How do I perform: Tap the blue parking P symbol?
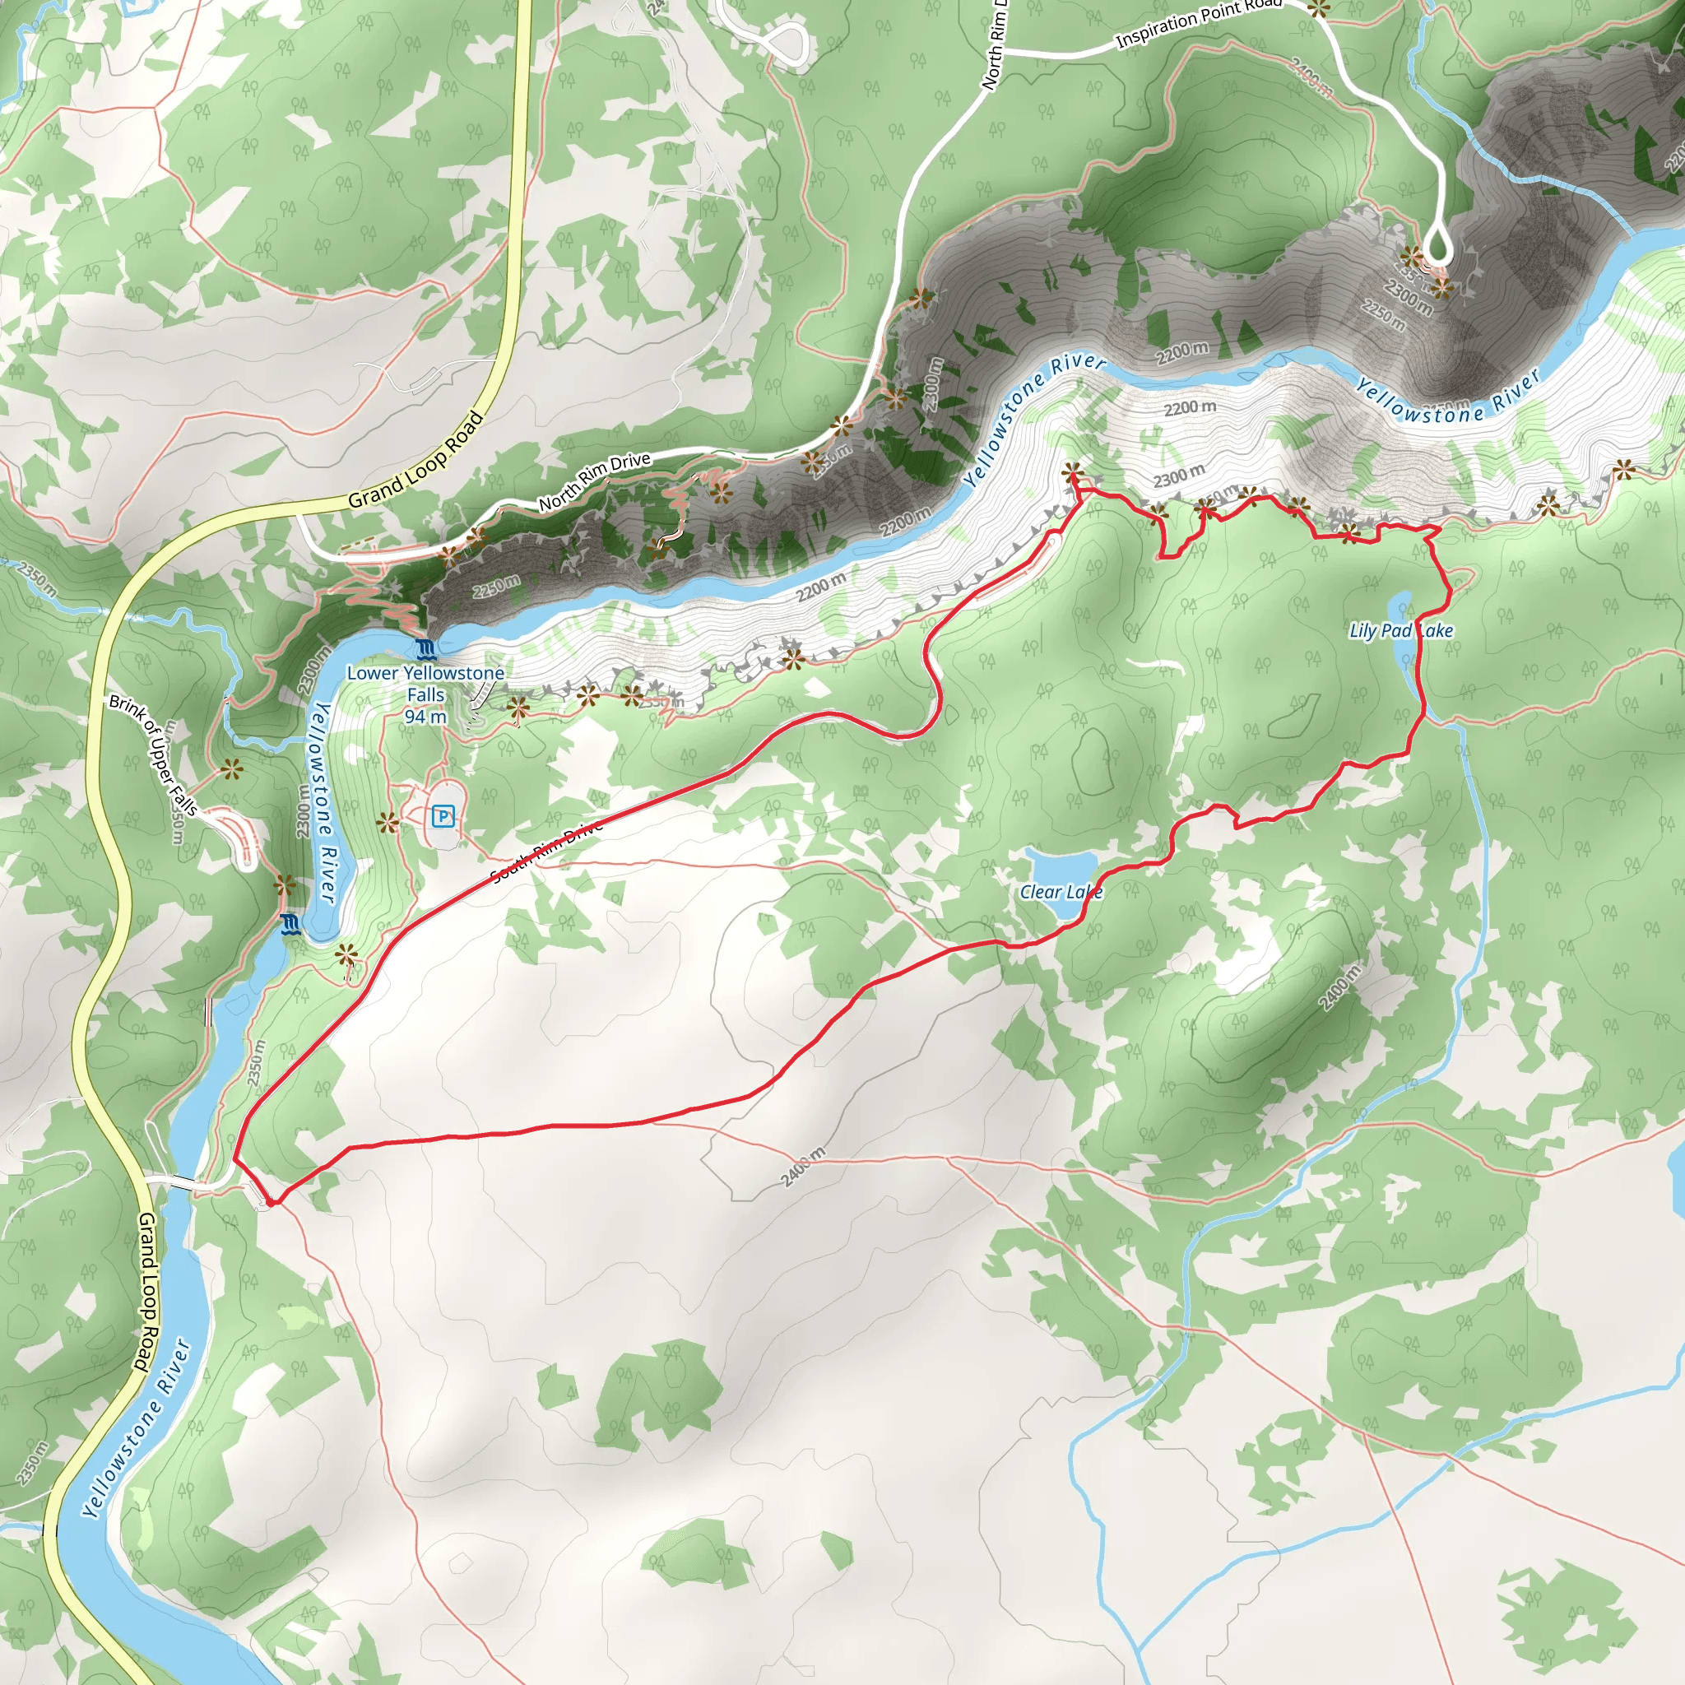(x=443, y=816)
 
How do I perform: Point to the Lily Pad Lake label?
(x=1400, y=630)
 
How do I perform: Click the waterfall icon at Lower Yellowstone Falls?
(x=425, y=649)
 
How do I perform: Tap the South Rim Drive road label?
(x=547, y=852)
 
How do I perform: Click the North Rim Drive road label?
(x=594, y=481)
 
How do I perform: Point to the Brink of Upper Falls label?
(x=154, y=755)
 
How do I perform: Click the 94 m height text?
(x=425, y=717)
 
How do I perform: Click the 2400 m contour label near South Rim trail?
(x=802, y=1167)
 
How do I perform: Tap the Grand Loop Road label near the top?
(x=415, y=461)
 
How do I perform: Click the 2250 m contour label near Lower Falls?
(x=497, y=587)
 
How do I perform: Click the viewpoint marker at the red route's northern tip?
(x=1073, y=474)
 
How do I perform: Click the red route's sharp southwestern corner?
(x=272, y=1203)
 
